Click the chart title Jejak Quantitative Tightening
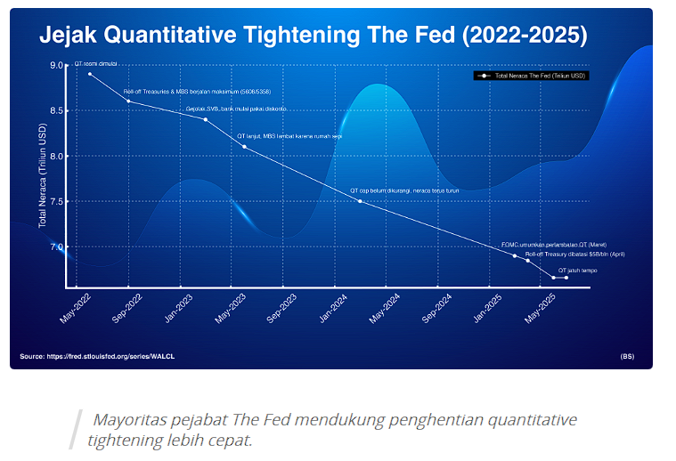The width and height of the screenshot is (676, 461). point(312,35)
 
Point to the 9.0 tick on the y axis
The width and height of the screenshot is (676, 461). point(57,65)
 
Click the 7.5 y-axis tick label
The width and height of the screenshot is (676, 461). point(57,201)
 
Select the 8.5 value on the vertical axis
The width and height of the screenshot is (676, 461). point(57,110)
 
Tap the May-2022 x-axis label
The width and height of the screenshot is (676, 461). point(75,307)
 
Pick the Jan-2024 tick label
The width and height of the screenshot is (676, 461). point(334,307)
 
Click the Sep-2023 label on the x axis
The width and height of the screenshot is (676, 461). point(282,307)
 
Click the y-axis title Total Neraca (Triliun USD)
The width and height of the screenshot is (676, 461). point(41,175)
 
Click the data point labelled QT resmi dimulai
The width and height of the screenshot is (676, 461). point(90,74)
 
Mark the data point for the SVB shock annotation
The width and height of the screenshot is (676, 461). point(206,119)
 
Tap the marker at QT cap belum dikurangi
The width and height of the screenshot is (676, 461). point(360,201)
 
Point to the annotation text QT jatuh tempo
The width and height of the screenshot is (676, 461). point(577,270)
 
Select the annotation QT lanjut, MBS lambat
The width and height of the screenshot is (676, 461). point(289,136)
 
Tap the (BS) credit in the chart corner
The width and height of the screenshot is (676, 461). point(627,357)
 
